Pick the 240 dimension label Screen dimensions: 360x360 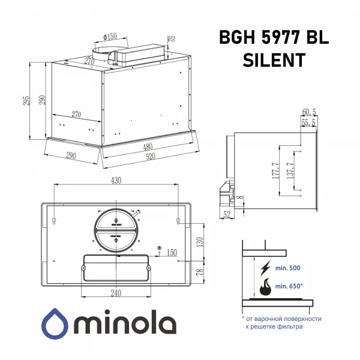(116, 293)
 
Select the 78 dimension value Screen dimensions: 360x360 (201, 272)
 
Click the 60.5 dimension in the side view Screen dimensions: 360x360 (309, 112)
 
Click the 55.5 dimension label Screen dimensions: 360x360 (309, 122)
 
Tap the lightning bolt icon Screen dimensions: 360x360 (263, 268)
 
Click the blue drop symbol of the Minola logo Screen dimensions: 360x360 (55, 324)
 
